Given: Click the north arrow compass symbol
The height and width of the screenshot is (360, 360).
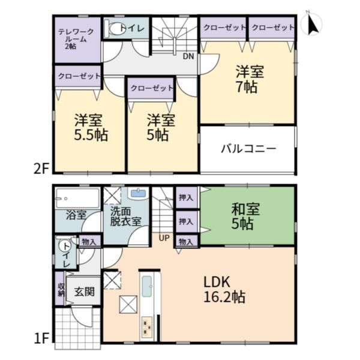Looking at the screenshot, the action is (312, 24).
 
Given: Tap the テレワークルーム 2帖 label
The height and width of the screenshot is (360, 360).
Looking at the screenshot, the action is (76, 39).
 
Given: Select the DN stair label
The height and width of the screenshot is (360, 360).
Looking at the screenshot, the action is (188, 56).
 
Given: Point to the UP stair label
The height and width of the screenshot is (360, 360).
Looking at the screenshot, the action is (164, 238).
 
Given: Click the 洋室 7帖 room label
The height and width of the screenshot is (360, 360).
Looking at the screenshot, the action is (248, 79).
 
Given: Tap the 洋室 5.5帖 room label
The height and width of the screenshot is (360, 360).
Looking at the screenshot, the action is (91, 127).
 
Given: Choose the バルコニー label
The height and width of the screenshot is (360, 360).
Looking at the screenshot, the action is (248, 149).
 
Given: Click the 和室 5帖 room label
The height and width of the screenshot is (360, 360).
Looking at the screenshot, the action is (245, 216).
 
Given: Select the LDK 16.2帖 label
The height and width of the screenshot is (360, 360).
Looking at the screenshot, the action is (224, 290).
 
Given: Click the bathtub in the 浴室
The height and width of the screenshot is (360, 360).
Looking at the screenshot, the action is (77, 199).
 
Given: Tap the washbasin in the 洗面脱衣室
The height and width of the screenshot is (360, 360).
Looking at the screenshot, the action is (138, 194).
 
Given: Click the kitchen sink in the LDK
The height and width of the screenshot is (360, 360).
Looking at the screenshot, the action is (146, 286).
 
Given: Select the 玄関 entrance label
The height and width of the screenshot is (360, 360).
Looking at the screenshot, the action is (84, 292).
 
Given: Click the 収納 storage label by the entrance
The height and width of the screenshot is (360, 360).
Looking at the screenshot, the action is (61, 290).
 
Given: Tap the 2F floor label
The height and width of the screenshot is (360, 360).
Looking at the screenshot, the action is (41, 170).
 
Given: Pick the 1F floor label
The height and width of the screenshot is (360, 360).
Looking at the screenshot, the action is (41, 338).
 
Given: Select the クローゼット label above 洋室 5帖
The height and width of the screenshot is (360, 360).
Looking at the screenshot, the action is (152, 88).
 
